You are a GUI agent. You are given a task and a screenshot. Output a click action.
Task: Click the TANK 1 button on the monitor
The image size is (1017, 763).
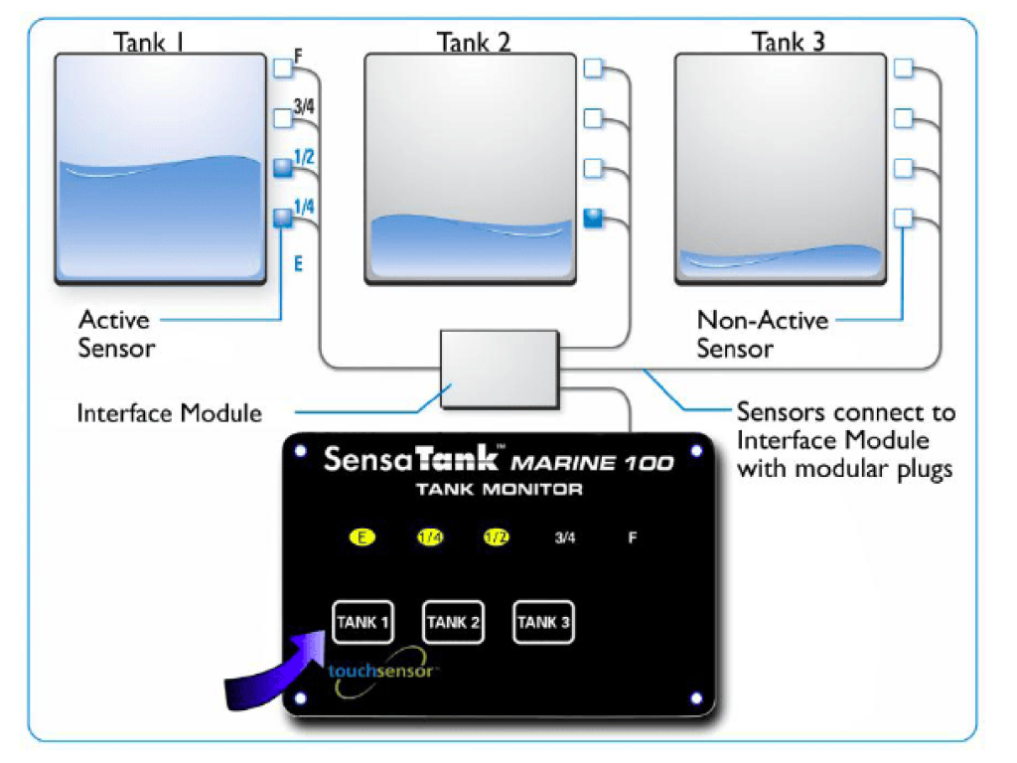(362, 623)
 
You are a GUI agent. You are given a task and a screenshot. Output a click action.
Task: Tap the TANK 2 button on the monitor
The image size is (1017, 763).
(453, 623)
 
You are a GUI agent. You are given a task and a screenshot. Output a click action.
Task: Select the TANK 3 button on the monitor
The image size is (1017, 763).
(543, 623)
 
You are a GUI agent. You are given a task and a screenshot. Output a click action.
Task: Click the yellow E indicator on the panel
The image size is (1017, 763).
(363, 537)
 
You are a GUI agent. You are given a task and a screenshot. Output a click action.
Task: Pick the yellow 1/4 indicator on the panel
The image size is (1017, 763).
(430, 537)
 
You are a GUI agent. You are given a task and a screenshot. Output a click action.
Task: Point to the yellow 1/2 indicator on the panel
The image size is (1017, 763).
(496, 537)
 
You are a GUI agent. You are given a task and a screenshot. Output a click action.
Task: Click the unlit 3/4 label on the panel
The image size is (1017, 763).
(564, 537)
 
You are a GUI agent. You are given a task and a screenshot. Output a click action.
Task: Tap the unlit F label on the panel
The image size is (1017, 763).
(632, 537)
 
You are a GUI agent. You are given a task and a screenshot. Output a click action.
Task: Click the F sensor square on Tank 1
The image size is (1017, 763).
(282, 68)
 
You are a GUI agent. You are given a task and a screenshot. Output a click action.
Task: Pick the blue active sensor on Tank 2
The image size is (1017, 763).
(593, 218)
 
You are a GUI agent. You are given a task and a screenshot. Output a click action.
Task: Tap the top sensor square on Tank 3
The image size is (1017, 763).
(903, 68)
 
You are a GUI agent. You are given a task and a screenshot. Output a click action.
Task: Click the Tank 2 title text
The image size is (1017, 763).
(474, 42)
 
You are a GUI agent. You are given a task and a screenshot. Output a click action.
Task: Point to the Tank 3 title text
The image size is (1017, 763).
(788, 42)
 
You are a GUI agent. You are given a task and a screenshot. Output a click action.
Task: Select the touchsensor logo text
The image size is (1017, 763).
(382, 671)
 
